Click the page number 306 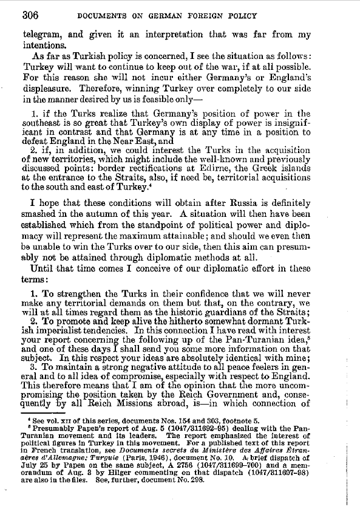[32, 15]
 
